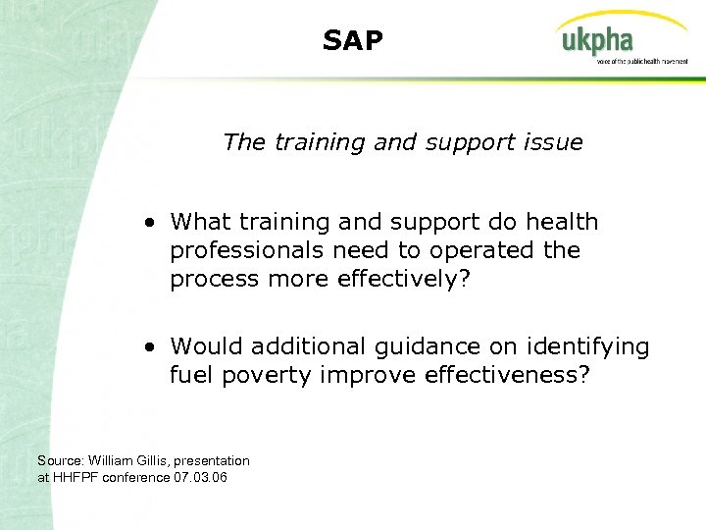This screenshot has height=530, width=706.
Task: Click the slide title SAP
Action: pyautogui.click(x=353, y=40)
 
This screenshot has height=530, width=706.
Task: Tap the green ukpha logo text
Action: pyautogui.click(x=596, y=42)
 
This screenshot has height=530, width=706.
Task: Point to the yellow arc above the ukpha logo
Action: pyautogui.click(x=618, y=19)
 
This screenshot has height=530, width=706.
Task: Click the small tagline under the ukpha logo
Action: pyautogui.click(x=641, y=61)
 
